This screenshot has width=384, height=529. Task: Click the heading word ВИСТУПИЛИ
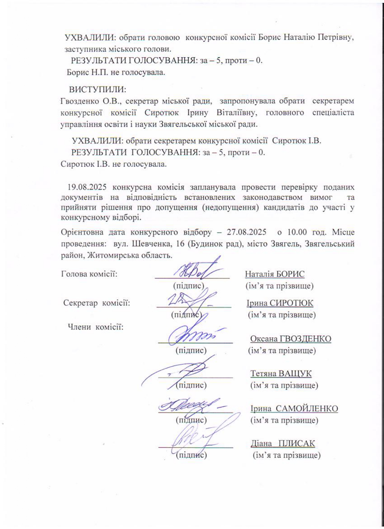coord(97,90)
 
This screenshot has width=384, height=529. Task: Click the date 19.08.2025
coord(87,187)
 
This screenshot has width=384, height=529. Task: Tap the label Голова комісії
coord(89,274)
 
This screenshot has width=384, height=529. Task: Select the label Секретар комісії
coord(97,303)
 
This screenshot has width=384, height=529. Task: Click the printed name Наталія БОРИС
coord(275,274)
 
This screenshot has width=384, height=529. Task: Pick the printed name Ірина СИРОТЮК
coord(280,303)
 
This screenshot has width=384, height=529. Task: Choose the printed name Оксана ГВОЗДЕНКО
coord(291,339)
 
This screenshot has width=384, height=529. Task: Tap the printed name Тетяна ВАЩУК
coord(281,373)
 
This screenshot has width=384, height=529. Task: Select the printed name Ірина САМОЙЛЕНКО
coord(294,409)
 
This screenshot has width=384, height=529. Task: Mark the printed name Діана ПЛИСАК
coord(283,444)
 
